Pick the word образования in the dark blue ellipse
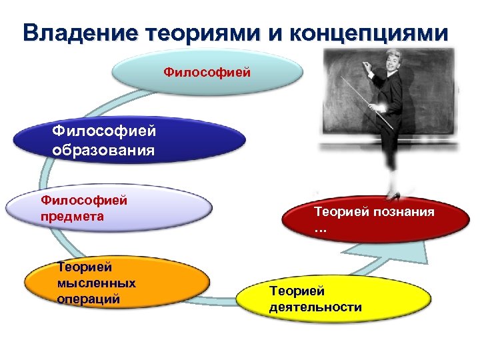[103, 149]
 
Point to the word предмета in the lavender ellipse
[72, 216]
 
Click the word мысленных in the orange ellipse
[97, 283]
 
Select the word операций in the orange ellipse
[89, 299]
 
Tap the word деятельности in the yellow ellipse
[315, 307]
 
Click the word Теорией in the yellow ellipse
[297, 291]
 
